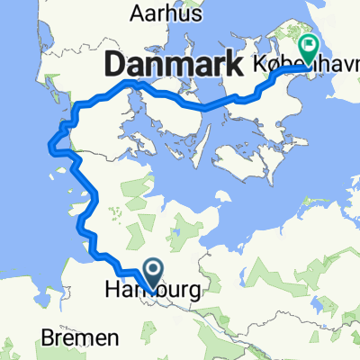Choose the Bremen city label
tap(81, 339)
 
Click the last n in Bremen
tap(113, 339)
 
